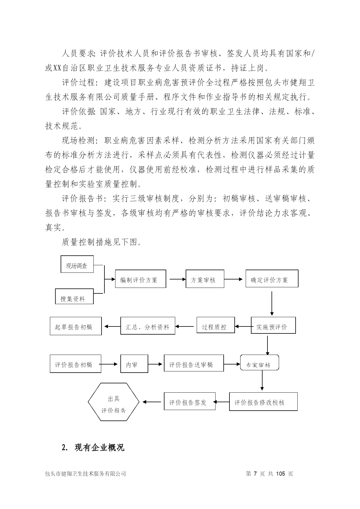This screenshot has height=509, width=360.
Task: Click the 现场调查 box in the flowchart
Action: click(x=77, y=264)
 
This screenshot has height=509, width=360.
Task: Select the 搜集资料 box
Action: click(x=74, y=296)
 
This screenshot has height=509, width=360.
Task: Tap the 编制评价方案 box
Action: click(x=141, y=279)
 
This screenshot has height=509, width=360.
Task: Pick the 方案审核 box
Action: click(x=205, y=279)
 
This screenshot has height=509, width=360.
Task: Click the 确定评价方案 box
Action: click(x=272, y=279)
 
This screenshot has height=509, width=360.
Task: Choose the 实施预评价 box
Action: click(x=273, y=325)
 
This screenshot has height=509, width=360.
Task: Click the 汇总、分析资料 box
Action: click(x=148, y=326)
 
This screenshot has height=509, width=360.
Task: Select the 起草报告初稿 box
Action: click(x=76, y=326)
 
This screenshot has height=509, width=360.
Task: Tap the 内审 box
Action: click(x=134, y=364)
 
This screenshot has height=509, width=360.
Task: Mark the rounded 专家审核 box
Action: click(x=260, y=362)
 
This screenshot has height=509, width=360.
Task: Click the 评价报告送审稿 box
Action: click(x=194, y=363)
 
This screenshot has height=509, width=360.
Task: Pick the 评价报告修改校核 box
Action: click(x=263, y=401)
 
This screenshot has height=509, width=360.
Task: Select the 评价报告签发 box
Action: click(x=190, y=401)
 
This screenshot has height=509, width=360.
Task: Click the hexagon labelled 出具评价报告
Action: click(x=114, y=402)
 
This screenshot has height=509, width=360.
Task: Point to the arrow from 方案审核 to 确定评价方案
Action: click(x=234, y=279)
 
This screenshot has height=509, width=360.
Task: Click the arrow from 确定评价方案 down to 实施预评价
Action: click(x=272, y=304)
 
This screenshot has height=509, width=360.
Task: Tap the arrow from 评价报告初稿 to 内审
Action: click(x=109, y=364)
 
